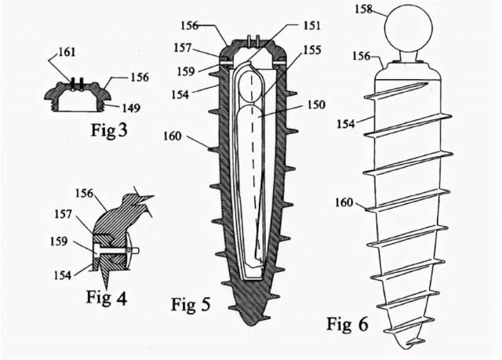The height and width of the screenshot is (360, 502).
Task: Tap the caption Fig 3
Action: click(x=109, y=130)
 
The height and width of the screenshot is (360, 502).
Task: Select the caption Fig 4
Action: click(x=107, y=297)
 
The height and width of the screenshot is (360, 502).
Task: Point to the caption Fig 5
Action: click(x=191, y=304)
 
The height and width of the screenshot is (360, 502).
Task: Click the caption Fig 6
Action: click(x=347, y=324)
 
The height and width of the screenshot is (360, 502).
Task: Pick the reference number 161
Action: click(x=66, y=52)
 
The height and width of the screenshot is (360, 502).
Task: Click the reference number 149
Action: click(x=131, y=108)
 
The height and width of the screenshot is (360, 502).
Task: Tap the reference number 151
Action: click(x=311, y=26)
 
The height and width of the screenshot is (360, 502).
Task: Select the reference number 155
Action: click(x=311, y=50)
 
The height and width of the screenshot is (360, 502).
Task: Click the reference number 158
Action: click(x=364, y=9)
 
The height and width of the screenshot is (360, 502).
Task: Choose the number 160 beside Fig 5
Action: click(x=173, y=136)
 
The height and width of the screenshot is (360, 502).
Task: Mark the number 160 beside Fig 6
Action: click(x=344, y=202)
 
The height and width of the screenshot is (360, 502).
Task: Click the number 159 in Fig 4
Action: click(x=59, y=242)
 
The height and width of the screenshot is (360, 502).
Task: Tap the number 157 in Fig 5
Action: click(x=183, y=48)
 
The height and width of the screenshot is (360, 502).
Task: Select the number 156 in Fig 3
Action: click(x=140, y=77)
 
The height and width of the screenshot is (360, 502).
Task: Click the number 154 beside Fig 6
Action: click(x=346, y=124)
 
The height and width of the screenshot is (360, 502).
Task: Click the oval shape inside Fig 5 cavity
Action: click(x=252, y=88)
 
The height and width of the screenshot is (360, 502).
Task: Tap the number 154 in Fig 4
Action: click(x=63, y=275)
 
